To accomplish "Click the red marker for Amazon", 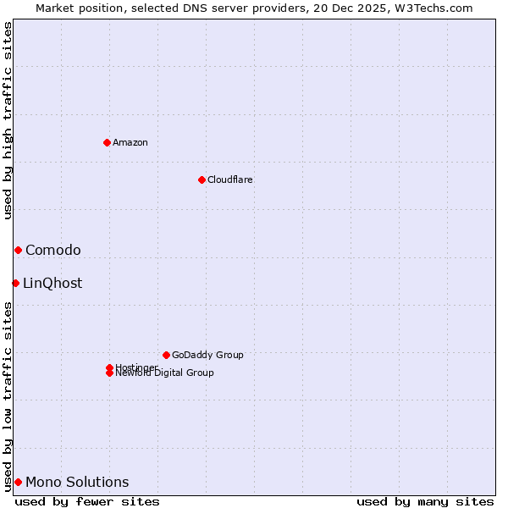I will coord(107,142).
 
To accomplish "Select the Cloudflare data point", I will coord(202,179).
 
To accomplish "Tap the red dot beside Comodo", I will coord(18,250).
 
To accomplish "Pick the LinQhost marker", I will coord(15,283).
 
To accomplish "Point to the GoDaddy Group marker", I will coord(166,355).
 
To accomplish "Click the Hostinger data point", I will coord(109,367).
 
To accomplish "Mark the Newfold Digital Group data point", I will coord(109,373).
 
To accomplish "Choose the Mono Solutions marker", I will coord(18,482).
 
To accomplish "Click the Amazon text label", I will coord(130,142).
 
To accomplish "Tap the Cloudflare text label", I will coord(230,179).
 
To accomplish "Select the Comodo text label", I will coord(53,250).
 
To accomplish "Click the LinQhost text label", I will coord(52,283).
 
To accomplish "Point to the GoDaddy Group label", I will coord(207,355).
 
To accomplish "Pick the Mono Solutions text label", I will coord(77,482).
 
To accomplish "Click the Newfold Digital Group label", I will coord(165,373).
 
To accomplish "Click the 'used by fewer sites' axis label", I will coord(87,501).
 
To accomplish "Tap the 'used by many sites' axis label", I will coord(425,501).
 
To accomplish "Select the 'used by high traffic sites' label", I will coord(8,120).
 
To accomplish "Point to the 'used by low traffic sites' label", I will coord(8,395).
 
